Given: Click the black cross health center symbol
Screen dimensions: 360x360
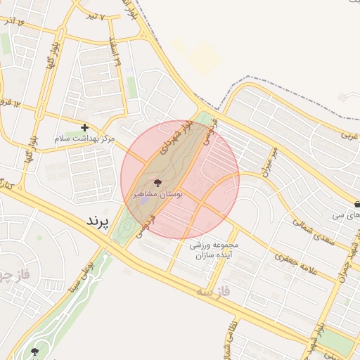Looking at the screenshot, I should [x=85, y=127].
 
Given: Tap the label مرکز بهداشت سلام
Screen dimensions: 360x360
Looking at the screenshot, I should [x=84, y=139].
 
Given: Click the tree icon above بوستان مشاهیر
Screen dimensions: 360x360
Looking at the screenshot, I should [x=157, y=182].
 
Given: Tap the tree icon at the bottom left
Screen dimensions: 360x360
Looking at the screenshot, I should [x=35, y=351].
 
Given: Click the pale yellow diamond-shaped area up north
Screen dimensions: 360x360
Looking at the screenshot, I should [x=205, y=55].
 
